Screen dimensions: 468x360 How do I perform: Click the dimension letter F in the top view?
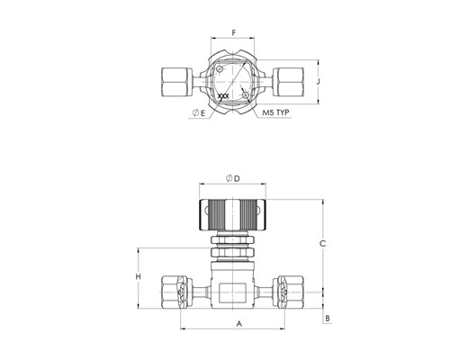234,32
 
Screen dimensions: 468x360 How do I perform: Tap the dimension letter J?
319,81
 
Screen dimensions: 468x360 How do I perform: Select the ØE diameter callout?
199,113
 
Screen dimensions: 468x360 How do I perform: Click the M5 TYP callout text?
275,112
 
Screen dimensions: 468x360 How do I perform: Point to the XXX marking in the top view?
223,96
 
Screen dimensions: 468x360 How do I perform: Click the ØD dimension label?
233,178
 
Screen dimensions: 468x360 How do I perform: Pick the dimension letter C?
322,244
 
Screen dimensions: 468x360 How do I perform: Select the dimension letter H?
138,276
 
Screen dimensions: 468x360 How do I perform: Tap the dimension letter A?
239,324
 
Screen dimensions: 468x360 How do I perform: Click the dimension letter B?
328,318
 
